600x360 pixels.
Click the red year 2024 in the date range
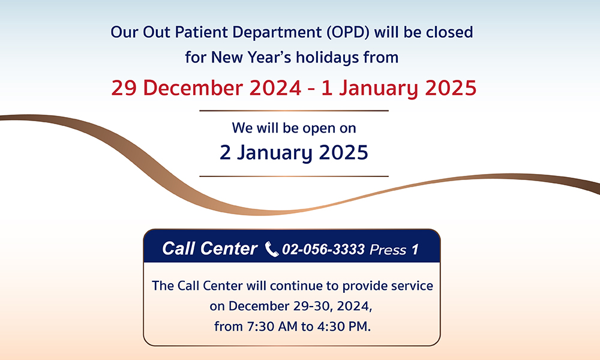tap(275, 88)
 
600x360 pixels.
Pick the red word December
tap(193, 88)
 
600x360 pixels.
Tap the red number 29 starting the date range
tap(124, 88)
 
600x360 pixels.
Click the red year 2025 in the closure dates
tap(451, 88)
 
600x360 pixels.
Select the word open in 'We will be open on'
tap(316, 128)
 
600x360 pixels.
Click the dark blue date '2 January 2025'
tap(294, 152)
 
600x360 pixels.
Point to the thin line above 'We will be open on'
tap(294, 110)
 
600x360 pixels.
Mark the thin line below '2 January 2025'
tap(294, 176)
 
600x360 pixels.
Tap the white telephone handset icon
tap(272, 250)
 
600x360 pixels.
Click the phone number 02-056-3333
tap(323, 250)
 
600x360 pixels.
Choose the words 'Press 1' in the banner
tap(394, 250)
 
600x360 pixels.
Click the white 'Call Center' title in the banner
tap(209, 248)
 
